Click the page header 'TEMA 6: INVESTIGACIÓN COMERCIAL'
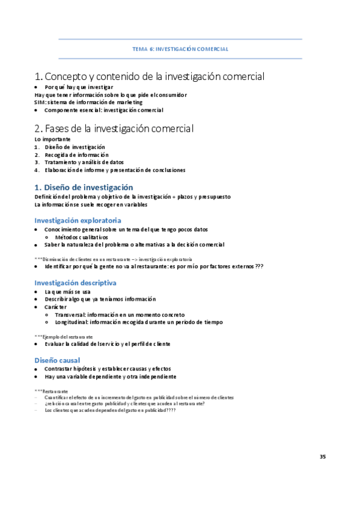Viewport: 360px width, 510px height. (x=180, y=49)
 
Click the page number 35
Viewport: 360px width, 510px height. (x=323, y=457)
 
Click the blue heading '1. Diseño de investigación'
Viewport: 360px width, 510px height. (x=84, y=187)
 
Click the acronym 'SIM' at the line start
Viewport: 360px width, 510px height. (x=40, y=102)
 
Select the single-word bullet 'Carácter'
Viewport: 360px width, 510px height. (x=56, y=307)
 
